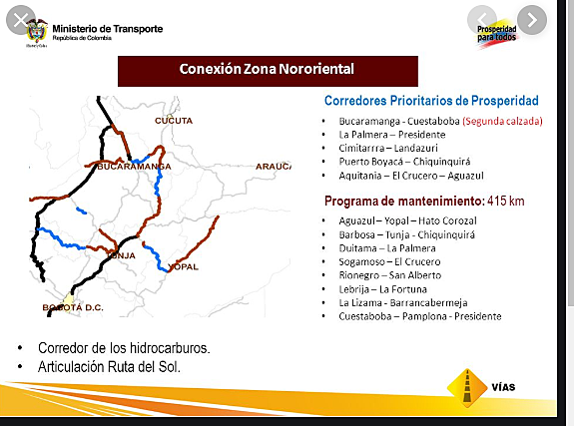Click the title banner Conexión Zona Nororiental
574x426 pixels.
tap(267, 70)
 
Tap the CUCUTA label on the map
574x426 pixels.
tap(174, 120)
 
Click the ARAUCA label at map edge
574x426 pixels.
tap(273, 166)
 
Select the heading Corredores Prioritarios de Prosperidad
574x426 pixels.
tap(431, 101)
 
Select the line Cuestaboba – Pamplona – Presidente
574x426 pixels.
tap(420, 316)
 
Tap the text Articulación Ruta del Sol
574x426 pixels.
tap(110, 367)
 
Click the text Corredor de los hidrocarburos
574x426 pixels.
tap(124, 349)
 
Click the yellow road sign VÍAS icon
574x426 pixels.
tap(468, 386)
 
